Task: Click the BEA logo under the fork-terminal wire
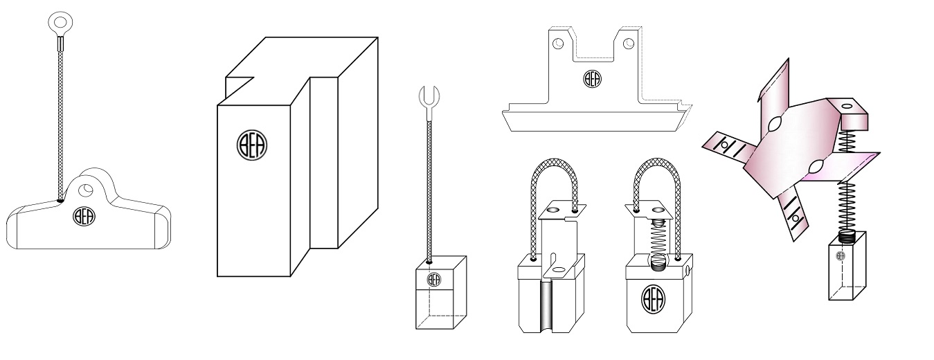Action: click(x=434, y=280)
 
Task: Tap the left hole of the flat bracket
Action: click(x=559, y=44)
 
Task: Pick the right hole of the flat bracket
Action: click(x=627, y=44)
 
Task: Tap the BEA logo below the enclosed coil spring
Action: click(x=654, y=298)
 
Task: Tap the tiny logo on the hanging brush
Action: click(x=841, y=255)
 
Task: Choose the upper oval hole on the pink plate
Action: click(x=773, y=125)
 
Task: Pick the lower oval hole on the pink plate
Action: click(x=815, y=167)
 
